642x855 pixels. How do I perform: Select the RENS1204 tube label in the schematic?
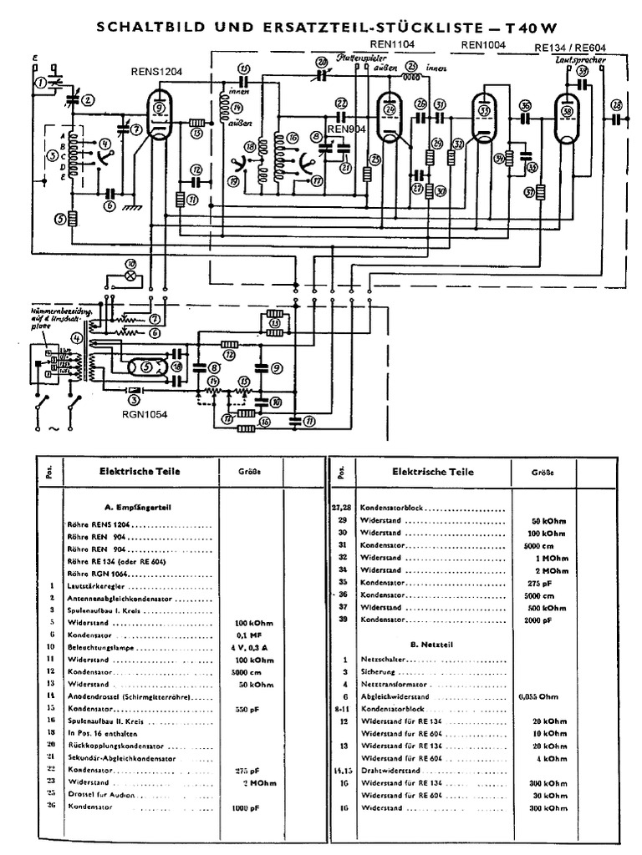(x=157, y=72)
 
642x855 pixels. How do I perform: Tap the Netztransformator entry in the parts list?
(x=396, y=684)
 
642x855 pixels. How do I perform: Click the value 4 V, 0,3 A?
(x=258, y=647)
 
